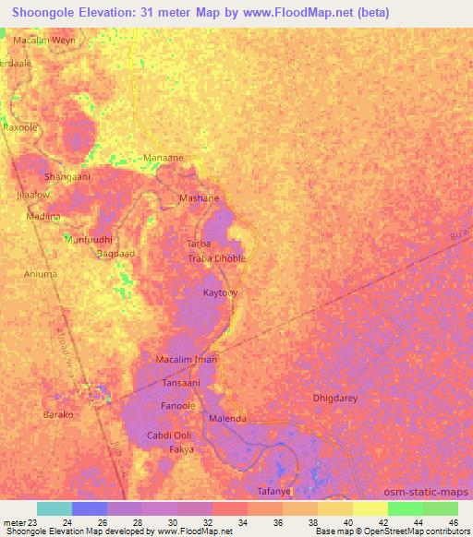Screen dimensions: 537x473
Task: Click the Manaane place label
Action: point(163,158)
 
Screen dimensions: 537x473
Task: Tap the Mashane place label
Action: point(199,198)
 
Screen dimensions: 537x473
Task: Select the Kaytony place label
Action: point(220,292)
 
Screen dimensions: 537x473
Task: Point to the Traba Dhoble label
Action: point(217,258)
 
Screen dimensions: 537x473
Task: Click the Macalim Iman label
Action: point(187,359)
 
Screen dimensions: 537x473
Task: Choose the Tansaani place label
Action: point(181,381)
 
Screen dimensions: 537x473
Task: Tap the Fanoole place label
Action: point(177,405)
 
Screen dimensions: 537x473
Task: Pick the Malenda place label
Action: point(227,419)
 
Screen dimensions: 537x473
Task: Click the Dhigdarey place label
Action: point(334,399)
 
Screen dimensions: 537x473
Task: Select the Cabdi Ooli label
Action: point(169,436)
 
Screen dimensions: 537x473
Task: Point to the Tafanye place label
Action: point(273,492)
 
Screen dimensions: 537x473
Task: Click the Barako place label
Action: point(58,415)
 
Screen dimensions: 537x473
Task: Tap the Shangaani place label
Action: point(67,175)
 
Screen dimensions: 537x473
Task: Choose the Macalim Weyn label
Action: point(43,42)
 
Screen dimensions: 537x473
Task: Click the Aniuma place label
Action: point(41,274)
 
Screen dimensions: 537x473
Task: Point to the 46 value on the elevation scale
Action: point(453,522)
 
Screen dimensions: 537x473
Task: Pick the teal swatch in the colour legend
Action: point(55,508)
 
